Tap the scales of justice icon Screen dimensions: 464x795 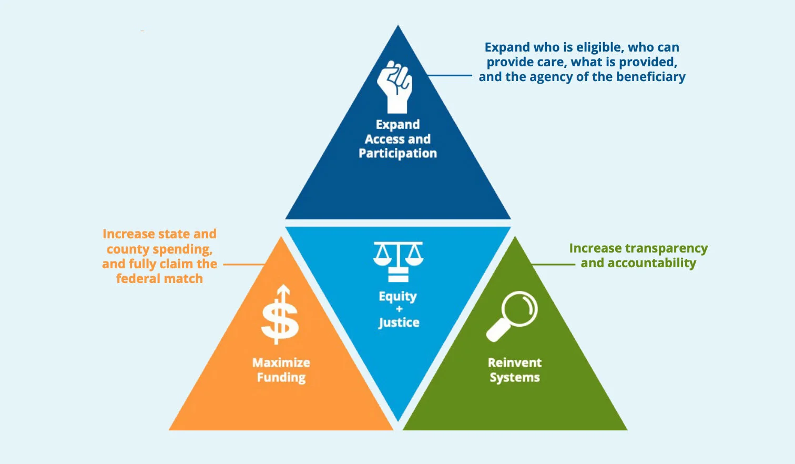(x=398, y=260)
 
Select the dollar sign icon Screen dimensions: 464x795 (x=280, y=315)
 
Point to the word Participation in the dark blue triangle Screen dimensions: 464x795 (x=397, y=154)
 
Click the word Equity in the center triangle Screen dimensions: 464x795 (x=397, y=297)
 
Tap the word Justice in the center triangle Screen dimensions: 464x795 (x=399, y=322)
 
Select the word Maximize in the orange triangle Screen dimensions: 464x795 (x=281, y=362)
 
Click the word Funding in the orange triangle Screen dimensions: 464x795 (x=281, y=377)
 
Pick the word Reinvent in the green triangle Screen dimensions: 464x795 (x=514, y=362)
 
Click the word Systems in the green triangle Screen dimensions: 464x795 (x=514, y=377)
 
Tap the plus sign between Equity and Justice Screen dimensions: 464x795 (x=399, y=309)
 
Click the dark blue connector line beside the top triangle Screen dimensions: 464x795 (x=450, y=76)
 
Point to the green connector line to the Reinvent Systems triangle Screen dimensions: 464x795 (x=553, y=264)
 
